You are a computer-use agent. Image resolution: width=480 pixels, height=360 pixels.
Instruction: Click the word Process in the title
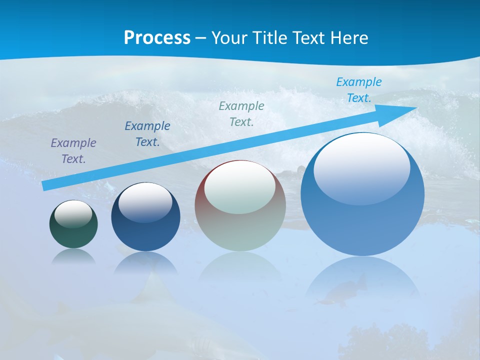coord(157,38)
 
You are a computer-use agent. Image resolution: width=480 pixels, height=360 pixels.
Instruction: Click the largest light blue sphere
coord(362,220)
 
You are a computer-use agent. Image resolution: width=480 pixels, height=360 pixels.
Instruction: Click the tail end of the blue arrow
coord(46,185)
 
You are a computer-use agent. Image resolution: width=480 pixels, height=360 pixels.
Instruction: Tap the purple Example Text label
coord(73,151)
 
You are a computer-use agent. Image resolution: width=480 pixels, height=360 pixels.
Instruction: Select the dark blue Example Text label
coord(147,134)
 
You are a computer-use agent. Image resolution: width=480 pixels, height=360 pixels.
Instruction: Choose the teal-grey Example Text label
coord(241,113)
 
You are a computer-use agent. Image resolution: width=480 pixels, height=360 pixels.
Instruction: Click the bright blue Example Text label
coord(359,90)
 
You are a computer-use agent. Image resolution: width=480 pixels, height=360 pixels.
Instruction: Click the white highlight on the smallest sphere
coord(73,214)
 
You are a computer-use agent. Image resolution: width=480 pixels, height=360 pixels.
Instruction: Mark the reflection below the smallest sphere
coord(73,256)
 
